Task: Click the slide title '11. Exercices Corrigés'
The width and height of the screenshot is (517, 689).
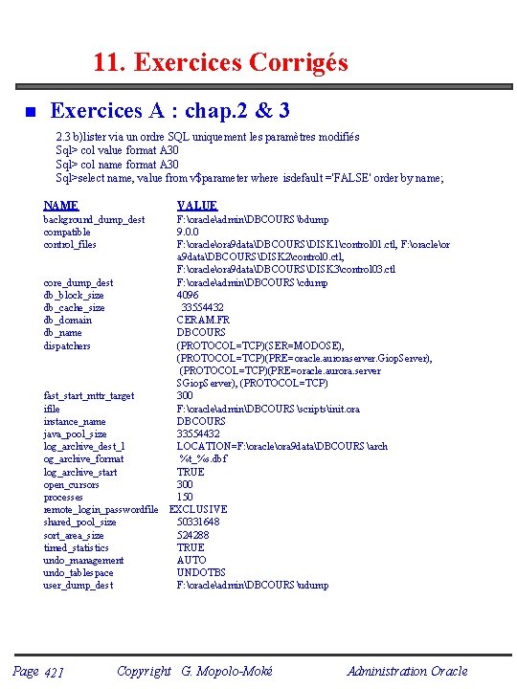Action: pos(220,63)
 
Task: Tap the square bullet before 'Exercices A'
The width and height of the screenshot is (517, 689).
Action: pos(30,113)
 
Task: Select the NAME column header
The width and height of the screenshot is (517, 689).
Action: pos(61,206)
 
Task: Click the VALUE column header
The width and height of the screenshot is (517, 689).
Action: pos(197,206)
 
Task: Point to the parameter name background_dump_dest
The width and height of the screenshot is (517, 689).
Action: pos(94,220)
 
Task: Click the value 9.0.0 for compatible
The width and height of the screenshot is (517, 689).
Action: pos(188,233)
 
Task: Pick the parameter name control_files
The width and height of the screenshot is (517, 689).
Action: pos(70,245)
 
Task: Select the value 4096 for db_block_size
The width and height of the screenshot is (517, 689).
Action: pos(188,296)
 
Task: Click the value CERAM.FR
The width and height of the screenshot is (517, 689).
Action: pos(203,321)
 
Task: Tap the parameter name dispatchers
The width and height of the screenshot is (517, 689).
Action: pos(67,345)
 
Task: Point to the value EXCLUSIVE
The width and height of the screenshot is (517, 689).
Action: pos(198,510)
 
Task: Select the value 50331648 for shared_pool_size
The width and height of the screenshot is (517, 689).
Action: pos(198,522)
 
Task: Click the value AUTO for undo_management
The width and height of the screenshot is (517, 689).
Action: pos(191,561)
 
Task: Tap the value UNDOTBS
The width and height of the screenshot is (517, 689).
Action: pos(199,573)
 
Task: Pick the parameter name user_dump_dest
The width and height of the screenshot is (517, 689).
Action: pos(79,586)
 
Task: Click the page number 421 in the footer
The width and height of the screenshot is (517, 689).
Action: pos(54,673)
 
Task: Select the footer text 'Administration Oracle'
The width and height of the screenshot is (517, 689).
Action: pos(407,671)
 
